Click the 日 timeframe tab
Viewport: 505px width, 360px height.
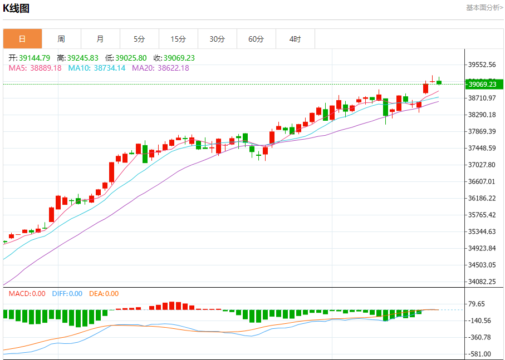click(x=22, y=39)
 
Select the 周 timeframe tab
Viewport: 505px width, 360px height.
click(x=61, y=39)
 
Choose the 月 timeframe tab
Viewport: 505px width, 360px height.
click(x=100, y=39)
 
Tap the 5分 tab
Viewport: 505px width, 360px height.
click(x=139, y=39)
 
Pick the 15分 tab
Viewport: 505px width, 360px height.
click(x=178, y=39)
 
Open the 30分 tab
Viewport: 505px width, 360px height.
click(x=217, y=39)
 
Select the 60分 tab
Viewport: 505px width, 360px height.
click(x=256, y=39)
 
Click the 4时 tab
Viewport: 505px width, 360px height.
click(x=295, y=39)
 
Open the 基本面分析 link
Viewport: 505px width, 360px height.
click(x=484, y=8)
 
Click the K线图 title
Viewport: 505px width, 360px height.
click(x=16, y=8)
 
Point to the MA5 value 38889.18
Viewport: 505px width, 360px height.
click(x=35, y=68)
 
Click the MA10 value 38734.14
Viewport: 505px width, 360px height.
click(x=97, y=68)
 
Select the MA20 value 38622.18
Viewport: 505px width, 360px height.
click(x=160, y=68)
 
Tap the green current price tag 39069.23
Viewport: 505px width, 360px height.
click(x=484, y=84)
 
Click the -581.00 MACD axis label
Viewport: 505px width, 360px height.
click(x=480, y=354)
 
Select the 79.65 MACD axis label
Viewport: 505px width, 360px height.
click(x=477, y=304)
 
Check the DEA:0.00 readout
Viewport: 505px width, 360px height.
click(x=104, y=294)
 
